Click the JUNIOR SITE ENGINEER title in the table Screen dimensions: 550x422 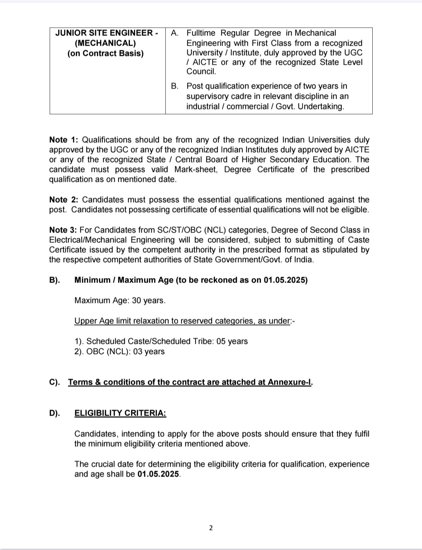pyautogui.click(x=107, y=33)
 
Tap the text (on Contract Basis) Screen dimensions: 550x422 pyautogui.click(x=105, y=53)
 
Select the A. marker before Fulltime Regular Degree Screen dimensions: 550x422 pyautogui.click(x=175, y=33)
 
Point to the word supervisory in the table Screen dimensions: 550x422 pyautogui.click(x=205, y=96)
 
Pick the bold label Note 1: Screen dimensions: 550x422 pyautogui.click(x=64, y=140)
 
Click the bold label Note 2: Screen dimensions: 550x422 pyautogui.click(x=64, y=200)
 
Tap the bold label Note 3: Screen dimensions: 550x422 pyautogui.click(x=64, y=230)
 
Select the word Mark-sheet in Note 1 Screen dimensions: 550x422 pyautogui.click(x=196, y=169)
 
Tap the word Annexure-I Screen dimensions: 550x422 pyautogui.click(x=290, y=382)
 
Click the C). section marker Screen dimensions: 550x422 pyautogui.click(x=55, y=382)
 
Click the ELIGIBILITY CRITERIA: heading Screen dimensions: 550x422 pyautogui.click(x=120, y=413)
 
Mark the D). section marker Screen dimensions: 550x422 pyautogui.click(x=55, y=413)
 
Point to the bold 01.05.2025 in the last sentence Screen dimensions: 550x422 pyautogui.click(x=158, y=474)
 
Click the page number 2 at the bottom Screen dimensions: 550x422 pyautogui.click(x=211, y=528)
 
